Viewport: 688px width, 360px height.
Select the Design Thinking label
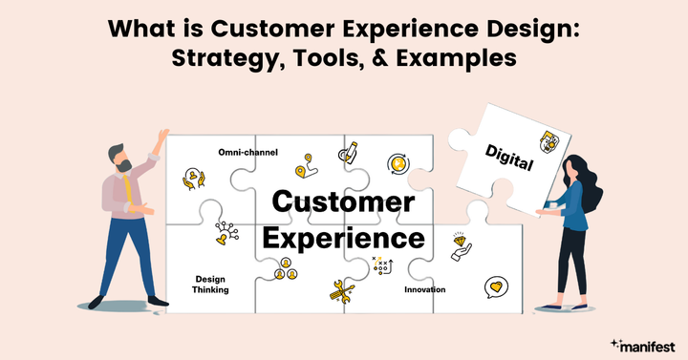211,284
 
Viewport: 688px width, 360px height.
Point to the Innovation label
424,288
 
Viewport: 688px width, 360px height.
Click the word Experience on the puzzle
344,235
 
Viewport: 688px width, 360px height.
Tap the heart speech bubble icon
494,286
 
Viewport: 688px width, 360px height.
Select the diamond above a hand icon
462,246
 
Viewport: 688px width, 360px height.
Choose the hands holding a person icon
195,178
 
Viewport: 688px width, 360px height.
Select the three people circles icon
283,274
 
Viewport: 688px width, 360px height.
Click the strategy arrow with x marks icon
382,265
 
